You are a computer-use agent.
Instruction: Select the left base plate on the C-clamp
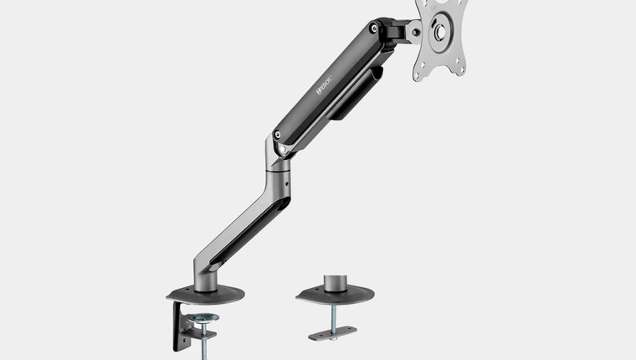205,294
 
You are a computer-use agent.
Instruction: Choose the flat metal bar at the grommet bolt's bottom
332,334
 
